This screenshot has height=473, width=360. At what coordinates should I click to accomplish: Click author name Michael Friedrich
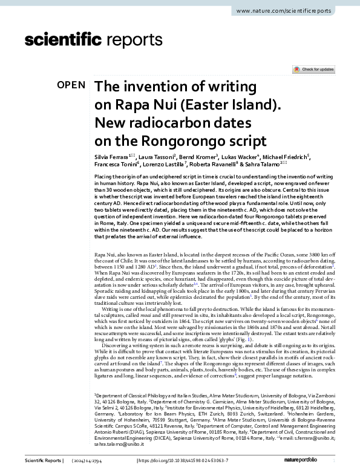(290, 156)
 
